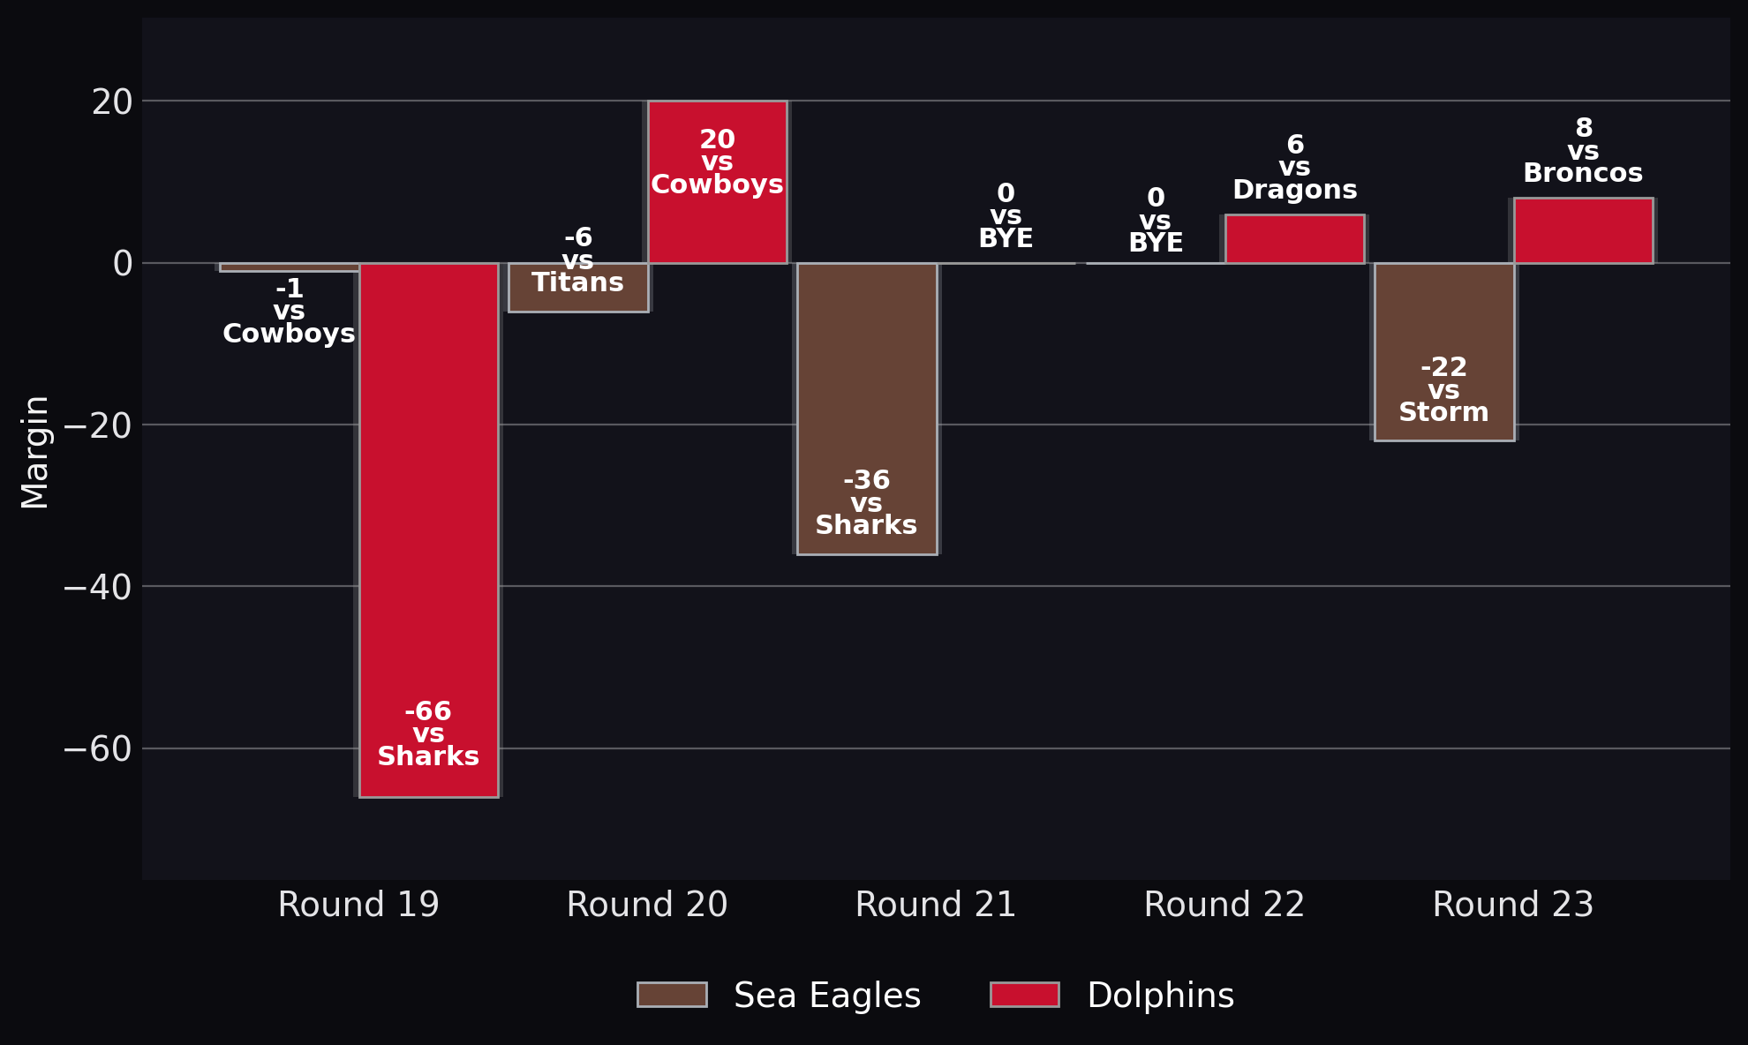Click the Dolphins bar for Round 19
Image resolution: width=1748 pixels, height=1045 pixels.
click(429, 530)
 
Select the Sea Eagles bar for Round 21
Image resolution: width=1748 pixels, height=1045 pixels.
click(867, 409)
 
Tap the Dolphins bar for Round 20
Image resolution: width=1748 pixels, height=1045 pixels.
click(717, 182)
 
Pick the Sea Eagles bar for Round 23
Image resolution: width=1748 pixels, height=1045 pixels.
click(1444, 352)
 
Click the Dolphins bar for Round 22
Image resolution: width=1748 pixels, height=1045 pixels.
click(1295, 239)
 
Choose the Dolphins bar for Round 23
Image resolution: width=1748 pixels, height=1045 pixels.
click(1584, 230)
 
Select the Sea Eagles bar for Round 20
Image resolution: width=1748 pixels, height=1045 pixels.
click(578, 288)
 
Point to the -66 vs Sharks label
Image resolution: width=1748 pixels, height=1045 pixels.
click(428, 734)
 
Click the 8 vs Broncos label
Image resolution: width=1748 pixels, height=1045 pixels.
click(1583, 151)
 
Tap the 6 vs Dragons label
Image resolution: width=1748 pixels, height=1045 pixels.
click(1295, 168)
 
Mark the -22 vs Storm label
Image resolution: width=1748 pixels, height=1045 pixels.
click(1444, 390)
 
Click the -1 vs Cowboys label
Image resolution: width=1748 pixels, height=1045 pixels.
click(289, 312)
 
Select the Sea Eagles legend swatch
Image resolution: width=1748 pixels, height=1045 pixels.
click(672, 995)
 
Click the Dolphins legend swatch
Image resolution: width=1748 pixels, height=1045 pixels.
click(1025, 995)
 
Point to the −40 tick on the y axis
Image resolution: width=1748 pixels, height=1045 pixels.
click(97, 587)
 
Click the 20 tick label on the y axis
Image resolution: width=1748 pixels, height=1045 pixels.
click(112, 102)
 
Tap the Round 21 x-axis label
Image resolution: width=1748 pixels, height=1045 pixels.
click(936, 905)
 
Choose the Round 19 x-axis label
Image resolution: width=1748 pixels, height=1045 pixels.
click(358, 905)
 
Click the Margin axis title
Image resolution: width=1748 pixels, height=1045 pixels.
click(34, 452)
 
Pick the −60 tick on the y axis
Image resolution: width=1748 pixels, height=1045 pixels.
click(97, 749)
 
